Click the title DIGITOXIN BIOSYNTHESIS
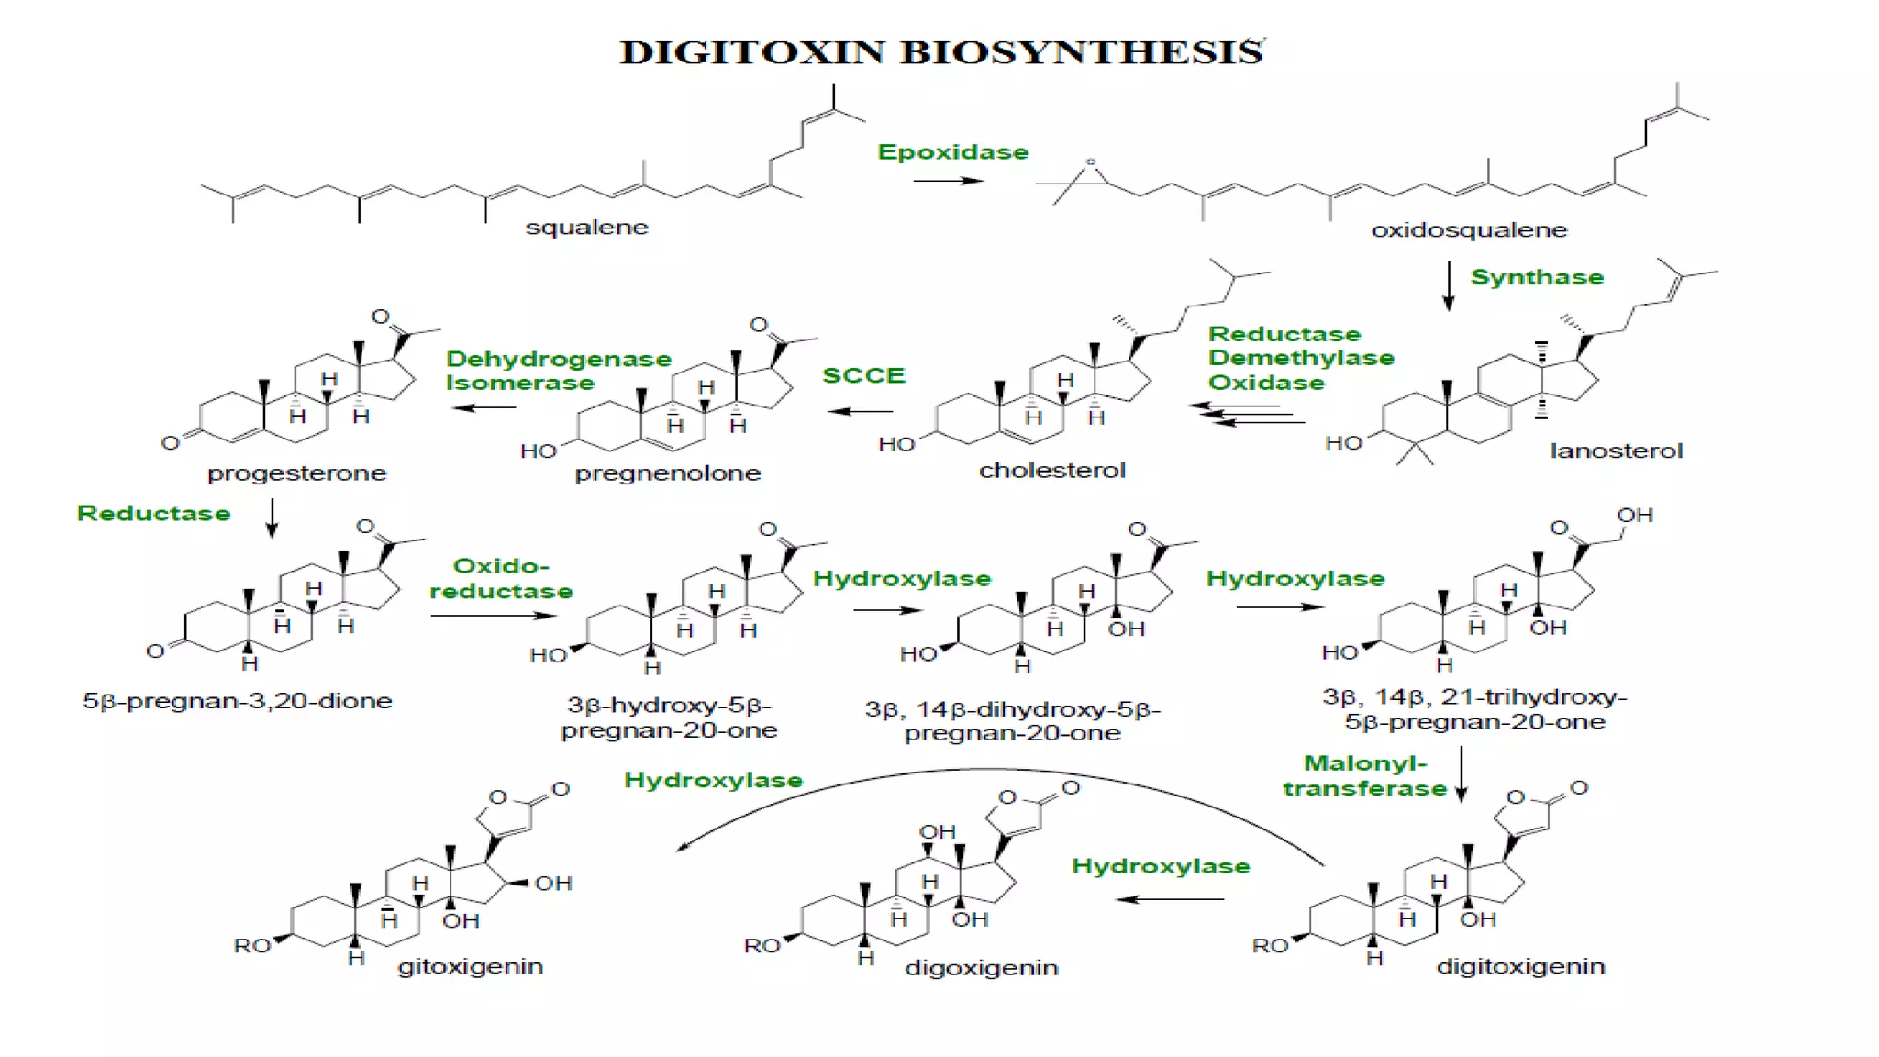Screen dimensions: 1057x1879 pyautogui.click(x=942, y=52)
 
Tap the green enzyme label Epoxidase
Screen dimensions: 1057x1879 pyautogui.click(x=952, y=152)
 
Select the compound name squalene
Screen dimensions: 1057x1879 pyautogui.click(x=586, y=228)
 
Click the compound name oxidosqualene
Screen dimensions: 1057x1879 pyautogui.click(x=1469, y=230)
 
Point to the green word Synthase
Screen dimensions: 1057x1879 pyautogui.click(x=1537, y=277)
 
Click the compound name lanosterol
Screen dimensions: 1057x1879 pyautogui.click(x=1616, y=451)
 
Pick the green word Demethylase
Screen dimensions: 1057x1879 pyautogui.click(x=1301, y=358)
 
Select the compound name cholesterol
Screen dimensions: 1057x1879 pyautogui.click(x=1051, y=471)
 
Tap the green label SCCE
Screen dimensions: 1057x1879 pyautogui.click(x=863, y=375)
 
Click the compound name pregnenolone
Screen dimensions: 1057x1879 pyautogui.click(x=668, y=473)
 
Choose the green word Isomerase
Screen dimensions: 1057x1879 pyautogui.click(x=520, y=383)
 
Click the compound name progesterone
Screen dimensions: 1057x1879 pyautogui.click(x=296, y=473)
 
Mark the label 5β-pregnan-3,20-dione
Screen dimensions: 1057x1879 pyautogui.click(x=237, y=701)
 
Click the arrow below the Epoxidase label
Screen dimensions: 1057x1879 pyautogui.click(x=948, y=181)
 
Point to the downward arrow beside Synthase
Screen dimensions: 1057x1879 pyautogui.click(x=1449, y=285)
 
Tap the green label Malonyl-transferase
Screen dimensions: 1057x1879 pyautogui.click(x=1365, y=776)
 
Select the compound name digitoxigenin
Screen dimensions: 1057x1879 pyautogui.click(x=1520, y=966)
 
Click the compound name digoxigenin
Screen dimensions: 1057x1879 pyautogui.click(x=981, y=968)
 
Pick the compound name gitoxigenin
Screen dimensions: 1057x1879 pyautogui.click(x=470, y=966)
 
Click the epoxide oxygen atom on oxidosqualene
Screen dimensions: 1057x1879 pyautogui.click(x=1091, y=162)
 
